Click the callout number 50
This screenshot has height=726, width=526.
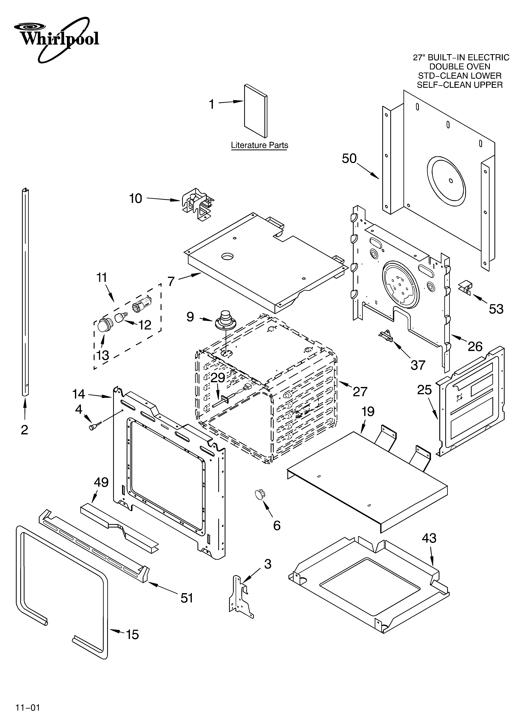pyautogui.click(x=349, y=158)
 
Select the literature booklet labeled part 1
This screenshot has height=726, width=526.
pyautogui.click(x=255, y=110)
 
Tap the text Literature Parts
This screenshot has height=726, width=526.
pyautogui.click(x=260, y=145)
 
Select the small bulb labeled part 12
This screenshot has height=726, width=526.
pyautogui.click(x=120, y=318)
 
